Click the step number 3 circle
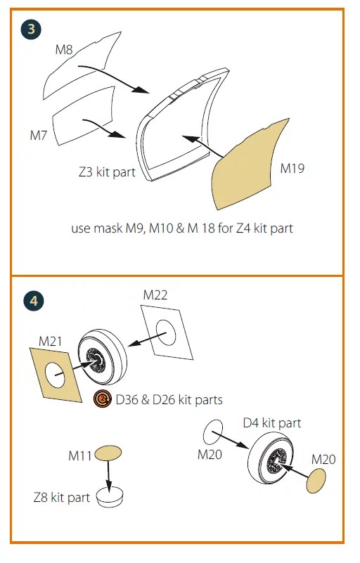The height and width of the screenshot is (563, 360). pyautogui.click(x=31, y=30)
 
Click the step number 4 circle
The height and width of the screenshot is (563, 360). pyautogui.click(x=34, y=301)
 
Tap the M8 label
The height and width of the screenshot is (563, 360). pyautogui.click(x=64, y=49)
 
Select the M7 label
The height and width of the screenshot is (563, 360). pyautogui.click(x=39, y=136)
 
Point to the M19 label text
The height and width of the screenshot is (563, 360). pyautogui.click(x=292, y=168)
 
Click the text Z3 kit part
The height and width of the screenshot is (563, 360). pyautogui.click(x=107, y=172)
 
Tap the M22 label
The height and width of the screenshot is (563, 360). pyautogui.click(x=155, y=295)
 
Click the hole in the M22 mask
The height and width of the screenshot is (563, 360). pyautogui.click(x=167, y=332)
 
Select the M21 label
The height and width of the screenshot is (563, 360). pyautogui.click(x=51, y=341)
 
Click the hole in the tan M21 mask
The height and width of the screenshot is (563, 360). pyautogui.click(x=55, y=375)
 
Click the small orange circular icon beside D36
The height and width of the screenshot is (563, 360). pyautogui.click(x=103, y=399)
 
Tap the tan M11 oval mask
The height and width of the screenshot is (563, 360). pyautogui.click(x=108, y=453)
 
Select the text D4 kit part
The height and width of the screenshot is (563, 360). pyautogui.click(x=272, y=423)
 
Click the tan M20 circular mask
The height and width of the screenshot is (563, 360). pyautogui.click(x=316, y=481)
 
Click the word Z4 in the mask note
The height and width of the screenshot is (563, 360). pyautogui.click(x=243, y=228)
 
